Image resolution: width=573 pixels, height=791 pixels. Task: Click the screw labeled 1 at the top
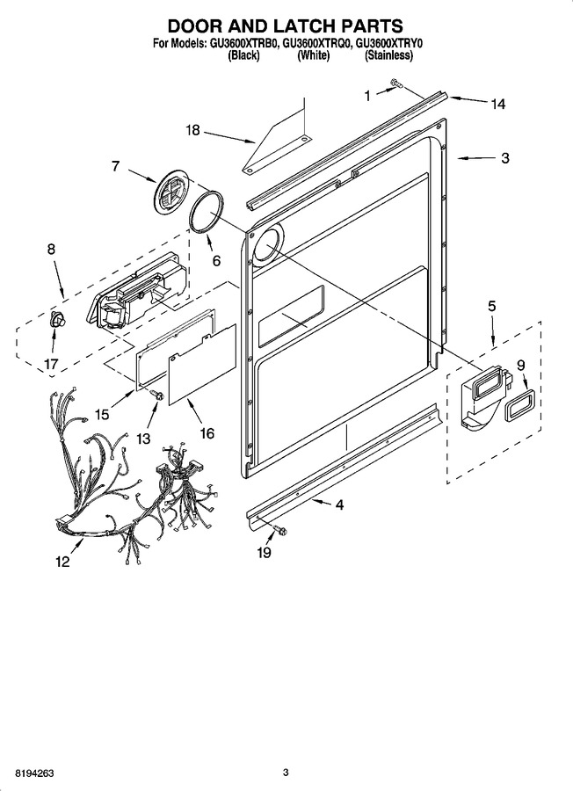pos(396,83)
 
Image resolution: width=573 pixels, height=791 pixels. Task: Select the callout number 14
pos(497,104)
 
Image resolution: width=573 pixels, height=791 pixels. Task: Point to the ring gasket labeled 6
pos(207,213)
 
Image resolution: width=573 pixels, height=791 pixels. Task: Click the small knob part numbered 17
pos(55,321)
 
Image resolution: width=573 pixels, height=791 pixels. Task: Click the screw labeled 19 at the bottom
pos(279,530)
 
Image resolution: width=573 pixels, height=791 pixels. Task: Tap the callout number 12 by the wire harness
pos(62,562)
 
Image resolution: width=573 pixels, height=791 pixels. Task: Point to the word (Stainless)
pos(388,55)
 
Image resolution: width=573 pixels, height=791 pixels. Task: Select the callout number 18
pos(192,131)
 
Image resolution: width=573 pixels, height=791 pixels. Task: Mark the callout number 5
pos(491,306)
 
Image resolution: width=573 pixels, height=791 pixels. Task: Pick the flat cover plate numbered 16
pos(201,364)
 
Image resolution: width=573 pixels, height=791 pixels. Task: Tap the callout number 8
pos(52,249)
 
